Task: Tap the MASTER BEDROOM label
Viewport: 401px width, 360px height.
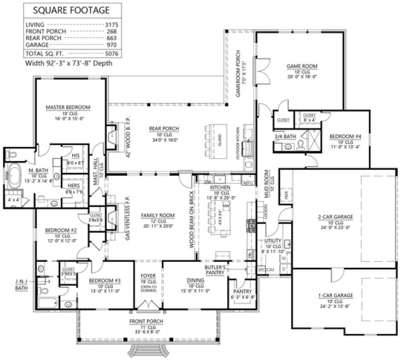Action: [x=68, y=107]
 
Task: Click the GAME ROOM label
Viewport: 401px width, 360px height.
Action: [x=301, y=66]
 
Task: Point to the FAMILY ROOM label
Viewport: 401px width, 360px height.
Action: [x=157, y=215]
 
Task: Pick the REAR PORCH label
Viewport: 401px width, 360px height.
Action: [x=164, y=128]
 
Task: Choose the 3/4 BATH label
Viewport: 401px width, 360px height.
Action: [x=284, y=136]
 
